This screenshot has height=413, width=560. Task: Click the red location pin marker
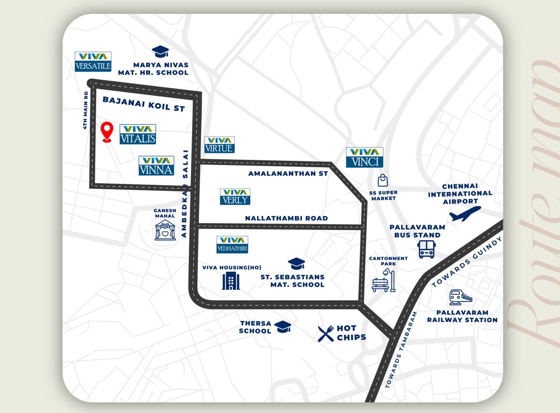(x=107, y=131)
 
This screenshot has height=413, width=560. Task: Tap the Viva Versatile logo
(x=93, y=62)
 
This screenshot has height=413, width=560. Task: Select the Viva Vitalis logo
(x=138, y=134)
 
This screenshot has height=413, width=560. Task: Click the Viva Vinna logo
(x=157, y=166)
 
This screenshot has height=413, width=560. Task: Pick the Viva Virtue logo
(x=219, y=145)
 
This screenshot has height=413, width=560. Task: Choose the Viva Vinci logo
(x=364, y=158)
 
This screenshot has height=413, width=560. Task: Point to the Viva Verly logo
(x=235, y=196)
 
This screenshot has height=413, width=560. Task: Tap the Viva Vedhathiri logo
(x=232, y=245)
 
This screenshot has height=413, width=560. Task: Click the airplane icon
(x=465, y=213)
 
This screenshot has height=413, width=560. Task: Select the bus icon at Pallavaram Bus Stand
(x=426, y=249)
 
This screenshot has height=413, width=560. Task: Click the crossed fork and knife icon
(x=325, y=333)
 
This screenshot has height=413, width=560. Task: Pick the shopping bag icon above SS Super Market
(x=382, y=180)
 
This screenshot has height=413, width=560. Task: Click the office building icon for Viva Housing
(x=231, y=280)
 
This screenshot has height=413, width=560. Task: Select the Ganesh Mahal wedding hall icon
(x=165, y=231)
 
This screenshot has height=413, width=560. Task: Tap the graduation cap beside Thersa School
(x=282, y=326)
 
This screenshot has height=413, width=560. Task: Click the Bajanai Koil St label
(x=144, y=104)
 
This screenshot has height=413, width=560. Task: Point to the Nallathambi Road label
(x=286, y=218)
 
